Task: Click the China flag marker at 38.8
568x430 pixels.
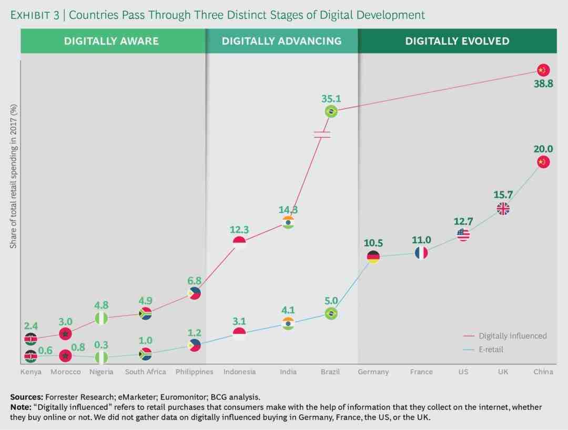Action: pos(543,70)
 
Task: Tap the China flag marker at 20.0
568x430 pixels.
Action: pos(543,162)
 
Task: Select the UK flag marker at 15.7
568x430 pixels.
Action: pos(503,209)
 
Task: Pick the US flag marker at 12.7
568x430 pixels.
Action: pos(463,234)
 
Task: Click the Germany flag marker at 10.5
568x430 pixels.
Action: pos(373,257)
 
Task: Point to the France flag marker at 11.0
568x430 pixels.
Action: pos(421,253)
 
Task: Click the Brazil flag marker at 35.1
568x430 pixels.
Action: pos(331,111)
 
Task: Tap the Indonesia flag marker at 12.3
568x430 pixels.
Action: pos(239,242)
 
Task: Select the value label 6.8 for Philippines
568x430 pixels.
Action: pos(194,280)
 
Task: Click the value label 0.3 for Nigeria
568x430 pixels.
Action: pos(102,345)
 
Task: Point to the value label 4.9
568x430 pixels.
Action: pos(146,301)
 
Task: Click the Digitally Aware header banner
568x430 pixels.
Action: pos(111,41)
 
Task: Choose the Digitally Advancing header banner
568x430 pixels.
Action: pos(281,41)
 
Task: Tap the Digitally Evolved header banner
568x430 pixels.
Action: pos(457,41)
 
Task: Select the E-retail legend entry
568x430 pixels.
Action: pos(490,350)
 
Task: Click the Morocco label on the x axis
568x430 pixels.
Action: pos(66,372)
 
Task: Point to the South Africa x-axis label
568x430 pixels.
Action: pos(146,372)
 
